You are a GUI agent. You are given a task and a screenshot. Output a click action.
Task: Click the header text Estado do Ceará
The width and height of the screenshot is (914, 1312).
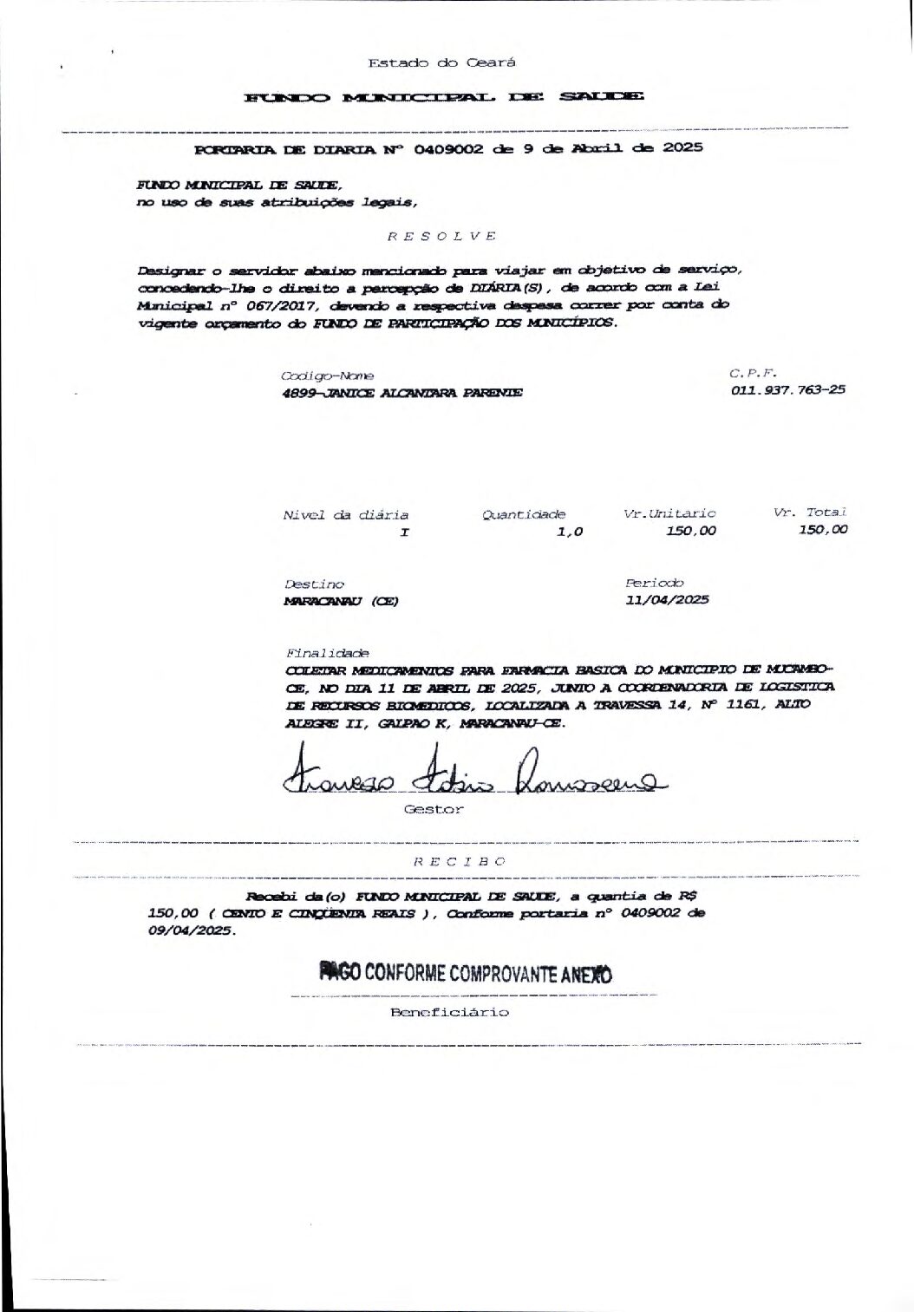tap(441, 62)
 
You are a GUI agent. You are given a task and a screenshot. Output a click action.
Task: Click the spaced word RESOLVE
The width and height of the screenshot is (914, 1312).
tap(441, 236)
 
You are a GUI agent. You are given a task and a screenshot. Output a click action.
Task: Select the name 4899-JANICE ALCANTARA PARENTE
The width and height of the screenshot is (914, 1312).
tap(402, 392)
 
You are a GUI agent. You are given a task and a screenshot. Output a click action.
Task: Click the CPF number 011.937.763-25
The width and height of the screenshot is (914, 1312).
tap(788, 389)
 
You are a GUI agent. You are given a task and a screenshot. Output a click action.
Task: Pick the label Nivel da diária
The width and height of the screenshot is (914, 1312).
tap(345, 515)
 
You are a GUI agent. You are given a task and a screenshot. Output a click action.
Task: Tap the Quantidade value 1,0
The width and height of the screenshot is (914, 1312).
tap(569, 532)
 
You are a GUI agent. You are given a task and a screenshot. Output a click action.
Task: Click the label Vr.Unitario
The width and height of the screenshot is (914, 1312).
tap(669, 513)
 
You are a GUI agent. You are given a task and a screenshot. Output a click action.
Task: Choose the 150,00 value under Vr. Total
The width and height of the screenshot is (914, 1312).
tap(823, 530)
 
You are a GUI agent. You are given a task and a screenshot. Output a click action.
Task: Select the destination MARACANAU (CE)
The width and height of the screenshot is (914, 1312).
tap(342, 601)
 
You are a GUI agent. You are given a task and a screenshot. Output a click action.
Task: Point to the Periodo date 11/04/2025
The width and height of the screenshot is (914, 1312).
tap(667, 599)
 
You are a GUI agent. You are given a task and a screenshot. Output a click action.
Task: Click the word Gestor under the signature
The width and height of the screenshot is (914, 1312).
tap(434, 809)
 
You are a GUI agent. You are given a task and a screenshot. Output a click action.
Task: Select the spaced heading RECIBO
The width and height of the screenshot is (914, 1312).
tap(459, 861)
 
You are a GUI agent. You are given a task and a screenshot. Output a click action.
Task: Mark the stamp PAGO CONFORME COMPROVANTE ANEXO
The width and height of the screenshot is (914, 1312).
tap(466, 972)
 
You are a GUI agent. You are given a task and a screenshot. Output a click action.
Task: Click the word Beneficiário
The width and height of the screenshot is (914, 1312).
tap(449, 1012)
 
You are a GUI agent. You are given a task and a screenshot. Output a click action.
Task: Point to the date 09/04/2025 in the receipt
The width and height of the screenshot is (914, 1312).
tap(191, 930)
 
